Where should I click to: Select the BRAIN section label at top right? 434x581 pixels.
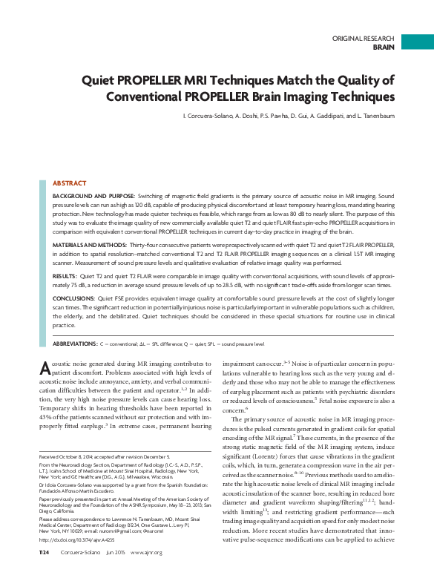384,46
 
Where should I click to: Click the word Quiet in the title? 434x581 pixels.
102,80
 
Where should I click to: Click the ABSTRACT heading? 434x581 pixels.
69,183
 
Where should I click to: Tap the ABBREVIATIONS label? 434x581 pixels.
75,344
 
